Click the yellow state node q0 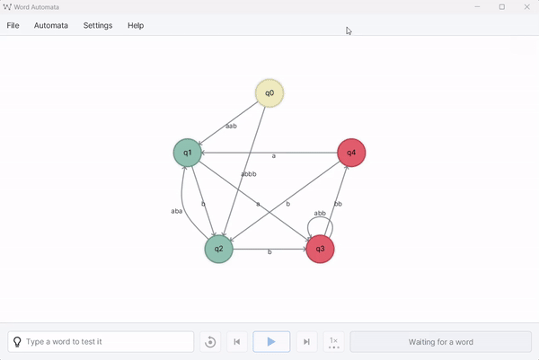click(269, 92)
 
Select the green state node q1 click(187, 153)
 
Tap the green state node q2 click(218, 250)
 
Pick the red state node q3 click(320, 250)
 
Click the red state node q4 click(350, 153)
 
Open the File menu click(13, 25)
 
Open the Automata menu click(51, 25)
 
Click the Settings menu click(98, 25)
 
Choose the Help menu click(136, 25)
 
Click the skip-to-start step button click(236, 342)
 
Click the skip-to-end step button click(307, 342)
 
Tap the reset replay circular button click(210, 342)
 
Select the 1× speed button click(333, 342)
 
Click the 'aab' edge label click(231, 127)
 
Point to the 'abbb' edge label click(249, 174)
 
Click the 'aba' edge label click(177, 211)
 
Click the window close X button click(526, 7)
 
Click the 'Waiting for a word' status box click(440, 342)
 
